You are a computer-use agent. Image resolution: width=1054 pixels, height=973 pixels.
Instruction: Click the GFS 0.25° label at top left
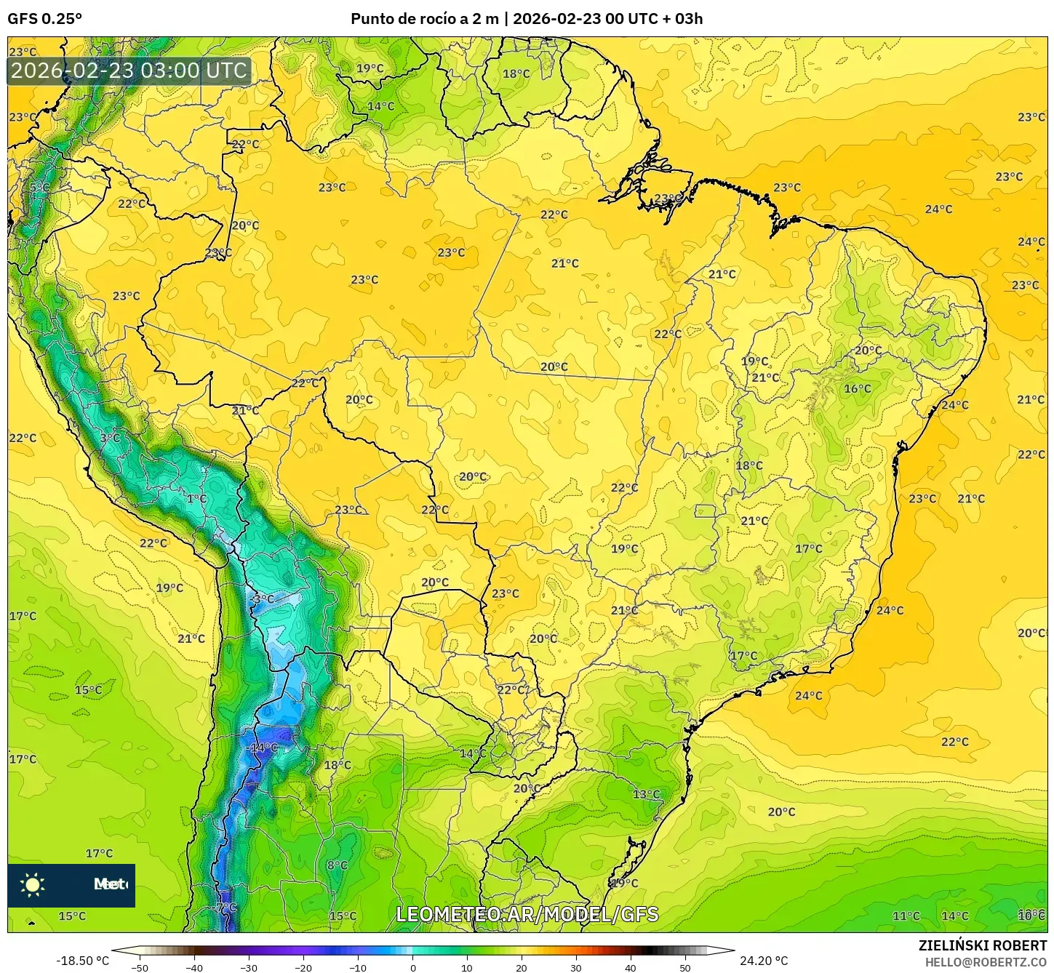point(44,19)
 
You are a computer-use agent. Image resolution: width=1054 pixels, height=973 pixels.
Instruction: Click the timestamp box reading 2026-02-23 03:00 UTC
point(129,71)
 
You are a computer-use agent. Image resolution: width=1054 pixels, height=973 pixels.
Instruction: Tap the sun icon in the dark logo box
point(33,884)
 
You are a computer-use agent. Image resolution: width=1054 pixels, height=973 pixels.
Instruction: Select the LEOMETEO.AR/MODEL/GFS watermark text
point(527,914)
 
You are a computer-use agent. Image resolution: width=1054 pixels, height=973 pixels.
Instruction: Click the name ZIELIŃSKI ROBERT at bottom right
point(982,946)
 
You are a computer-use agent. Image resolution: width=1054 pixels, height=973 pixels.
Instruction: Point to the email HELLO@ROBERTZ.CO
point(986,962)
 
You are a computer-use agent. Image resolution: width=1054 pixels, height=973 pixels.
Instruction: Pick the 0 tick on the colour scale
point(412,967)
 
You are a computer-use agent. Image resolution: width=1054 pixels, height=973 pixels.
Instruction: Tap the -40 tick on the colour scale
point(194,967)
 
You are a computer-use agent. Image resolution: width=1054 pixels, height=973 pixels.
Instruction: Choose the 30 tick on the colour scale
point(576,967)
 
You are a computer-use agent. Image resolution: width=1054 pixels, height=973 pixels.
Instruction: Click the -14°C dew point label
point(263,748)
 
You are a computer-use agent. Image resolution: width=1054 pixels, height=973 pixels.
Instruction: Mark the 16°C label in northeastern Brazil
point(857,389)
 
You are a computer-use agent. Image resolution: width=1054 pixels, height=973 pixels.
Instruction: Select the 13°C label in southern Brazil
point(646,794)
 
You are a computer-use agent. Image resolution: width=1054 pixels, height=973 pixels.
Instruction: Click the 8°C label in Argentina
point(337,865)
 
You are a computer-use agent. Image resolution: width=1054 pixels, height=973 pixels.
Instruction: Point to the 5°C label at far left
point(39,188)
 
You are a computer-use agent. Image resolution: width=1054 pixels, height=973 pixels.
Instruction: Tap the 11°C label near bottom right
point(906,916)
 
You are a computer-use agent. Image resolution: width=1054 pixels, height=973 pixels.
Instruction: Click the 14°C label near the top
point(380,106)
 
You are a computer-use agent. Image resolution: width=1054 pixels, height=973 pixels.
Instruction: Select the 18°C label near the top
point(516,73)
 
